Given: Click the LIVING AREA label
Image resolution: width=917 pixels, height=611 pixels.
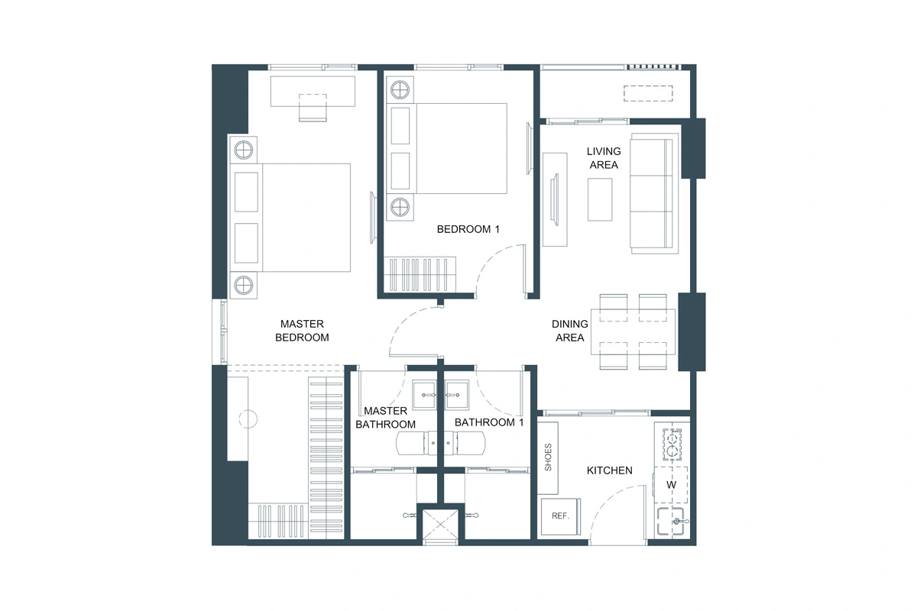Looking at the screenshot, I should click(603, 158).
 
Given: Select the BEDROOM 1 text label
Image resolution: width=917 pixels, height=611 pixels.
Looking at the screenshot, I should click(468, 229).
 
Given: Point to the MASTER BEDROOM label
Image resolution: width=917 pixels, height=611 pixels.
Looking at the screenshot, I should click(302, 330).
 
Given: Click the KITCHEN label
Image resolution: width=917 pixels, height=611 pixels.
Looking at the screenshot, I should click(609, 470).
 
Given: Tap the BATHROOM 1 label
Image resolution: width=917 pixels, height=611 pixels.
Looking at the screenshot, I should click(489, 422).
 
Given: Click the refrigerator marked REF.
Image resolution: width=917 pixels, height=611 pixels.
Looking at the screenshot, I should click(560, 517).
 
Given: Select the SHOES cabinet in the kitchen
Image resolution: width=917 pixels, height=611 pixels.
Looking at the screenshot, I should click(548, 457).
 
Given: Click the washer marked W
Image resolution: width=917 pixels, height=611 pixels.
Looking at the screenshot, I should click(672, 484).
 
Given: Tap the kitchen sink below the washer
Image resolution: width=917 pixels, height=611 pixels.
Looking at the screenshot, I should click(672, 522).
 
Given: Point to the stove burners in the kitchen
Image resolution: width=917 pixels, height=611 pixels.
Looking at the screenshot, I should click(672, 445).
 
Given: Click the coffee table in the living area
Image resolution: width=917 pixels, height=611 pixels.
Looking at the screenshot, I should click(600, 199).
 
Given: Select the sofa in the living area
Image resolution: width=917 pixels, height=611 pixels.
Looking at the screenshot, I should click(653, 192).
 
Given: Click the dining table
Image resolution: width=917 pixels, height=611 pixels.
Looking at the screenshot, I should click(632, 331).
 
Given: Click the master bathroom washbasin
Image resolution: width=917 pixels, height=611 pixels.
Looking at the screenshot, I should click(425, 396).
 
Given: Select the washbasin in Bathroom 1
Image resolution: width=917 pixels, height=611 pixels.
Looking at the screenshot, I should click(461, 396).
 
